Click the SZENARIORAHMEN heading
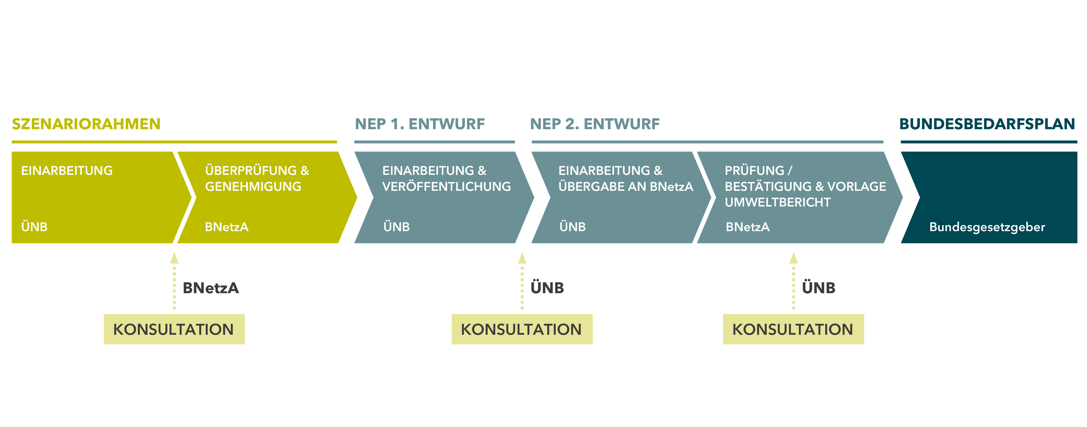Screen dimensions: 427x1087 (x=86, y=124)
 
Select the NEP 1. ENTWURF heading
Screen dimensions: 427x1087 (x=420, y=124)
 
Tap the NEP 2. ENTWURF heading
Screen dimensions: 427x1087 (x=595, y=124)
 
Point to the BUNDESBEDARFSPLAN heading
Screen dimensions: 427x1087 (x=987, y=124)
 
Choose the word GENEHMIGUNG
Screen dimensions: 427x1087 (x=253, y=186)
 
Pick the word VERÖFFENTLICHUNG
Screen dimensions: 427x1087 (x=447, y=186)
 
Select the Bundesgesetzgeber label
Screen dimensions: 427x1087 (x=987, y=227)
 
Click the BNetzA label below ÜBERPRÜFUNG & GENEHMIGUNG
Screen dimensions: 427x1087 (x=227, y=227)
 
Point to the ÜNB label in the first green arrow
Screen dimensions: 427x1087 (x=34, y=227)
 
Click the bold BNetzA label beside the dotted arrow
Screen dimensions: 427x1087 (x=211, y=288)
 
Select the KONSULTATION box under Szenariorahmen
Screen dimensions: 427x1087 (x=174, y=329)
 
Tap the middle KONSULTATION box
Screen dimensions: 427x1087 (x=522, y=329)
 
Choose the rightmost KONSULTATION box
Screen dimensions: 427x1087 (x=793, y=329)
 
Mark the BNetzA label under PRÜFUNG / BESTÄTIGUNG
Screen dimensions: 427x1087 (x=747, y=227)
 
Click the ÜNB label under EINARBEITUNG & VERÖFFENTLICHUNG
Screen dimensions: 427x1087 (x=396, y=227)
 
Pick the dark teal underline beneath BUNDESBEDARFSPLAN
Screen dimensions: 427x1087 (x=989, y=142)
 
